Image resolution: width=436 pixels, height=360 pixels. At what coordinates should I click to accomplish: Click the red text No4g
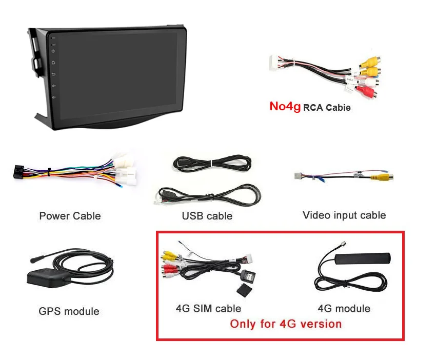285,106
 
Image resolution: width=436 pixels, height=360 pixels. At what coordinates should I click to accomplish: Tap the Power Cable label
70,216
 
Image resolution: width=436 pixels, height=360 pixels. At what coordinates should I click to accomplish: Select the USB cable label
207,216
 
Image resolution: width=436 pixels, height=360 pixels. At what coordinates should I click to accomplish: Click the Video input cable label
344,215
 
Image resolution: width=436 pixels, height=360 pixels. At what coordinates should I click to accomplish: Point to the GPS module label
69,311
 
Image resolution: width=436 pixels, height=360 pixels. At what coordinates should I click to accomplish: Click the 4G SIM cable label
208,308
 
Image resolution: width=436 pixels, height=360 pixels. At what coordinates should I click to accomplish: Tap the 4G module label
344,308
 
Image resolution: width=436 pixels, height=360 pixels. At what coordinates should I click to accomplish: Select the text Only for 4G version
286,324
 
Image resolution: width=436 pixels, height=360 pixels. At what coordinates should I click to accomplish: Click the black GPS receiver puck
48,278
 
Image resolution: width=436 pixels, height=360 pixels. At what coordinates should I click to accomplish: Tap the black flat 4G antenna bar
363,258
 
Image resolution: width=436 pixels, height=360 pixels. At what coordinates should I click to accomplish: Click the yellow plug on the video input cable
382,176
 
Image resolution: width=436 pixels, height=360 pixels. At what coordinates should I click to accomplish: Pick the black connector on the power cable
18,171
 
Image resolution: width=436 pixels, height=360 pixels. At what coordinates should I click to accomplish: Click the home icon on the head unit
53,63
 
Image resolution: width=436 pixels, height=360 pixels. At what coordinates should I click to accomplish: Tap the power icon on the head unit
53,51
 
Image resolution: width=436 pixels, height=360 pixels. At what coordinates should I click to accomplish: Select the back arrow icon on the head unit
53,74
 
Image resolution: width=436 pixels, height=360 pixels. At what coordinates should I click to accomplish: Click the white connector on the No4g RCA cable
274,64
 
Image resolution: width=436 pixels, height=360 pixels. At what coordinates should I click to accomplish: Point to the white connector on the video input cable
298,176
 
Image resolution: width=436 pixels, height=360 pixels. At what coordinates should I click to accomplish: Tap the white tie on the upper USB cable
212,163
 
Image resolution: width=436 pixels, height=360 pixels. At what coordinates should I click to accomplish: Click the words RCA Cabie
327,108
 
